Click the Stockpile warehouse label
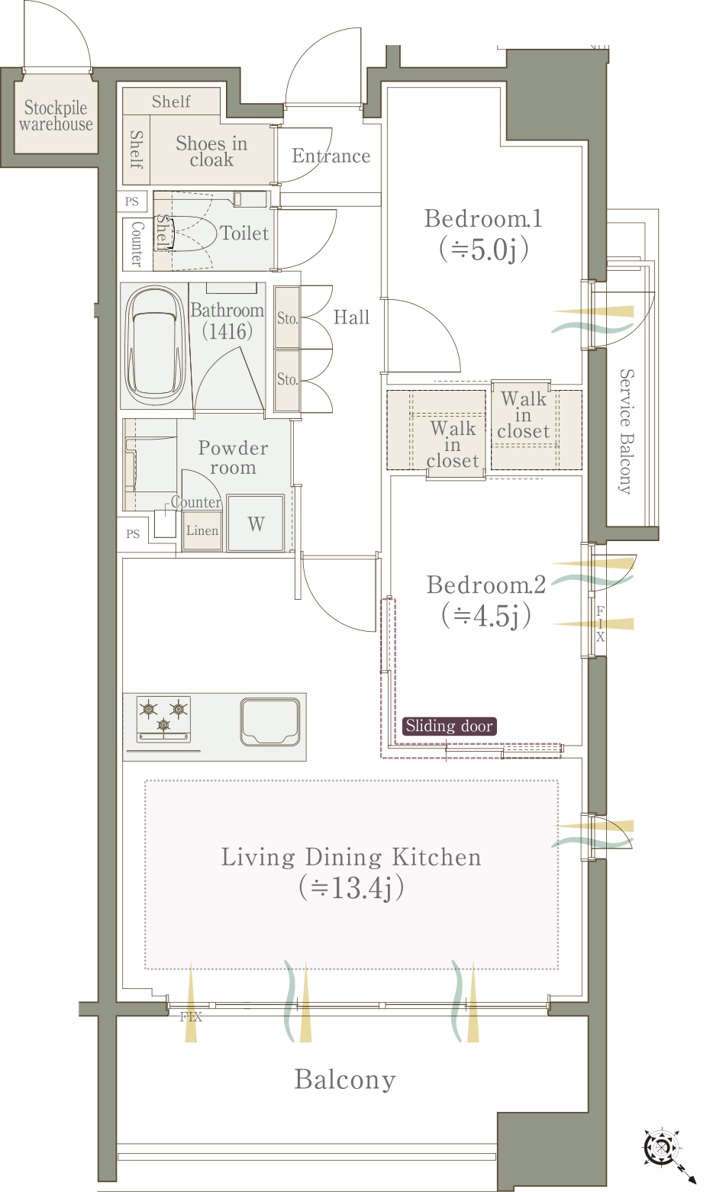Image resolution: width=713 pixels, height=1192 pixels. tap(56, 115)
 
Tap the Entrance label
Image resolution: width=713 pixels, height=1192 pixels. tap(331, 156)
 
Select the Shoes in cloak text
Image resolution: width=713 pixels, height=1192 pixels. tap(211, 151)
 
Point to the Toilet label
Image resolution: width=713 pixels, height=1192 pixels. tap(244, 233)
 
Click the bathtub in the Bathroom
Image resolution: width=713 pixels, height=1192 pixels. tap(155, 346)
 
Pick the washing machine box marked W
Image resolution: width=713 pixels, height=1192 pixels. tap(256, 523)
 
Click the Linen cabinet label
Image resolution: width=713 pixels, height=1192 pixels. tap(202, 530)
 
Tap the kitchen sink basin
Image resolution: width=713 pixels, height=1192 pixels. tap(270, 722)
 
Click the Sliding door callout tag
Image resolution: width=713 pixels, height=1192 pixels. tap(449, 726)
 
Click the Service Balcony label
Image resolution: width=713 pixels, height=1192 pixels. tap(627, 432)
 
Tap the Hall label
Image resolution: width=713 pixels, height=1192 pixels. tap(351, 317)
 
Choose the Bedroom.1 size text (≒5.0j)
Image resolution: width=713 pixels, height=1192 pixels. tap(483, 249)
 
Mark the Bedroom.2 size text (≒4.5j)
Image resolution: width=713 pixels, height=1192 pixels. tap(486, 616)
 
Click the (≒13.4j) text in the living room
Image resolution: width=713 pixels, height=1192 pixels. tap(351, 888)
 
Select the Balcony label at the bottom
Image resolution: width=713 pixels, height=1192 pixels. tap(345, 1080)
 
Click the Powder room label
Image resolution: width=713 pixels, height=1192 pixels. tap(233, 458)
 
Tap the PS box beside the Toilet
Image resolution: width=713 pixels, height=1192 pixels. tap(132, 201)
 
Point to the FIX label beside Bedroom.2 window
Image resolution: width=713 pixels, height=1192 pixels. tap(600, 623)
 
